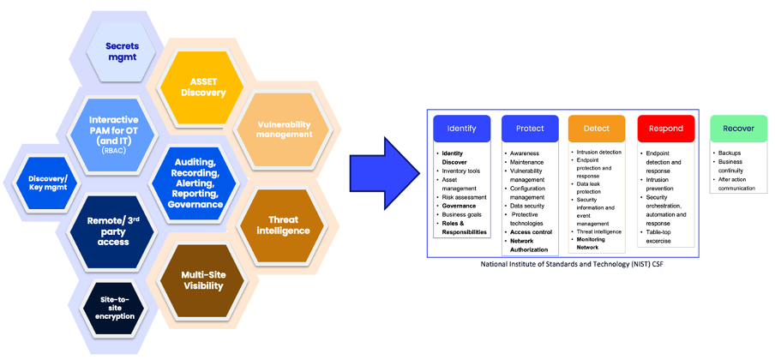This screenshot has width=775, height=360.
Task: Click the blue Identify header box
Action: click(462, 129)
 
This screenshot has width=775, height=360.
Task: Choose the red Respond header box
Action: click(665, 129)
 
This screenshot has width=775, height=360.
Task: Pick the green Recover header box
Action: click(738, 129)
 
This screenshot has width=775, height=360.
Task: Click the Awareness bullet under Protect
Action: click(525, 153)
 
